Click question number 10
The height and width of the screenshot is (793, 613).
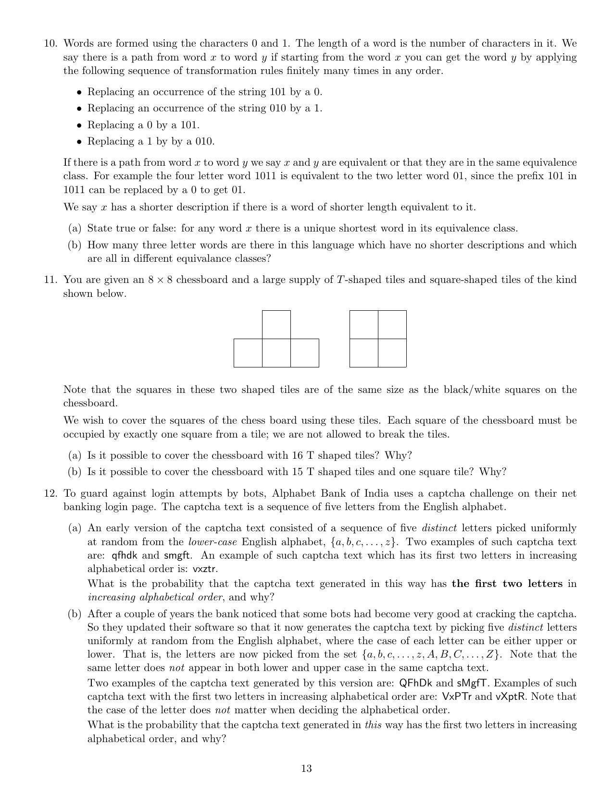(50, 44)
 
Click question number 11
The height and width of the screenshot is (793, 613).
(50, 280)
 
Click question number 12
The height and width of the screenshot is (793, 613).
(50, 493)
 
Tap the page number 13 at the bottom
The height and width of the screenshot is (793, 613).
(306, 769)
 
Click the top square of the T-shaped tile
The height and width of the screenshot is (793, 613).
(276, 325)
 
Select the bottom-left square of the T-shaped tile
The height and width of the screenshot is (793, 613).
(248, 353)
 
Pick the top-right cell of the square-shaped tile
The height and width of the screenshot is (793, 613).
(392, 325)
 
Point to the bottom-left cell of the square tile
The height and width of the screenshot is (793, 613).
(364, 353)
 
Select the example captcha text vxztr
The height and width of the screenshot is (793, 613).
(205, 569)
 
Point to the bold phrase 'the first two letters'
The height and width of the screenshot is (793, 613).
(507, 584)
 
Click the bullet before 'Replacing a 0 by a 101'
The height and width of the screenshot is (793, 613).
(79, 126)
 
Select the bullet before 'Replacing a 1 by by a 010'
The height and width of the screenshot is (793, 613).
(79, 142)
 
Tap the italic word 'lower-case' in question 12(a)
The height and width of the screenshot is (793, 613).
(212, 542)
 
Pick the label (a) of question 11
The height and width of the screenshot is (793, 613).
(75, 455)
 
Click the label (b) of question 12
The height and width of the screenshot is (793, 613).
(75, 614)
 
